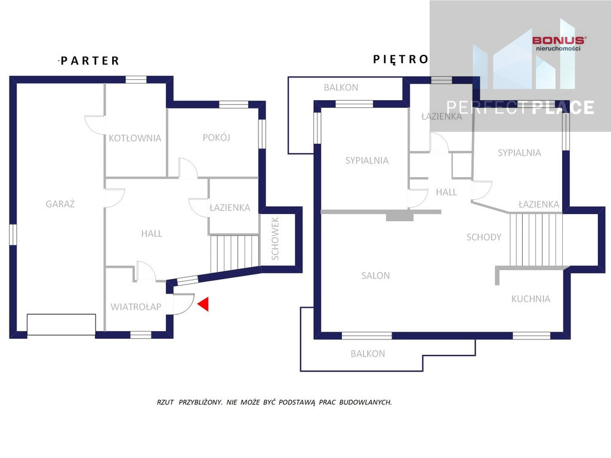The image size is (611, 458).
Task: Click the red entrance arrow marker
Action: click(x=204, y=304)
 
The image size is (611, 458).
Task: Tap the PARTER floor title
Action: click(x=90, y=61)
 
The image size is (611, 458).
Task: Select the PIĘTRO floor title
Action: click(x=400, y=60)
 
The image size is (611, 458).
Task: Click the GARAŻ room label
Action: click(x=60, y=204)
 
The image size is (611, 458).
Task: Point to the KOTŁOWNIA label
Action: click(x=135, y=138)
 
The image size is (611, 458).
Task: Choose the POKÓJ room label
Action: click(x=216, y=137)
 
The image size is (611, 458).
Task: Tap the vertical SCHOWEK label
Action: click(x=275, y=239)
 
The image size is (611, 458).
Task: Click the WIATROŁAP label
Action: click(x=135, y=307)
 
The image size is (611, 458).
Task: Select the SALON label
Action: click(x=375, y=276)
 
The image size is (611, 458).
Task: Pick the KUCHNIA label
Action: click(x=530, y=299)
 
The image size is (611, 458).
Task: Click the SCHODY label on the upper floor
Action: click(x=483, y=237)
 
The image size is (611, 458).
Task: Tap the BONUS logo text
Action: click(x=558, y=40)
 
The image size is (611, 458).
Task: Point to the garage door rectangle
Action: click(x=61, y=324)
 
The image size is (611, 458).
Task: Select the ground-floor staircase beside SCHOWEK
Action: click(x=234, y=252)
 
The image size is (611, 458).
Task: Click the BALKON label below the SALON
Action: click(x=368, y=354)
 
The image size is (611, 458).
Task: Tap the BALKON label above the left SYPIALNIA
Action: click(x=341, y=87)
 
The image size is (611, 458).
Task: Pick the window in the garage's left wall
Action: click(x=13, y=234)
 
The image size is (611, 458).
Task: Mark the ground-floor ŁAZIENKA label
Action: click(x=230, y=208)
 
